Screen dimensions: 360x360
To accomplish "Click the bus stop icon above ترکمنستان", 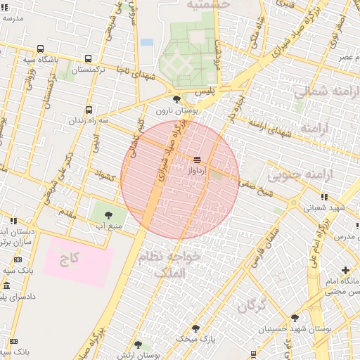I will (x=88, y=59).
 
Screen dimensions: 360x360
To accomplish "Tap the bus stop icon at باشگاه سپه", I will (x=40, y=49).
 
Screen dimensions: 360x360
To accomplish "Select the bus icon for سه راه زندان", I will (x=89, y=110).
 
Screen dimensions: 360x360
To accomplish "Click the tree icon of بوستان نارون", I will (x=176, y=99).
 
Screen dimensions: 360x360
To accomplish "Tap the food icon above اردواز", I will (x=196, y=159).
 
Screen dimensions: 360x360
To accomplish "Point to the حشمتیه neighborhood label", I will (x=208, y=5).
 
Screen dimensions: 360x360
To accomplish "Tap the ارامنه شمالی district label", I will (x=320, y=92).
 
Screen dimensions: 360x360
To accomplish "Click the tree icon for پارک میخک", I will (x=196, y=328).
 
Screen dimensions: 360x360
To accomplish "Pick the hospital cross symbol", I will (x=345, y=270).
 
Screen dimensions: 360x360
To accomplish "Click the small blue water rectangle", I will (x=146, y=42).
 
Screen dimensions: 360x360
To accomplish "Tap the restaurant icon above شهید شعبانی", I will (x=323, y=198).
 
